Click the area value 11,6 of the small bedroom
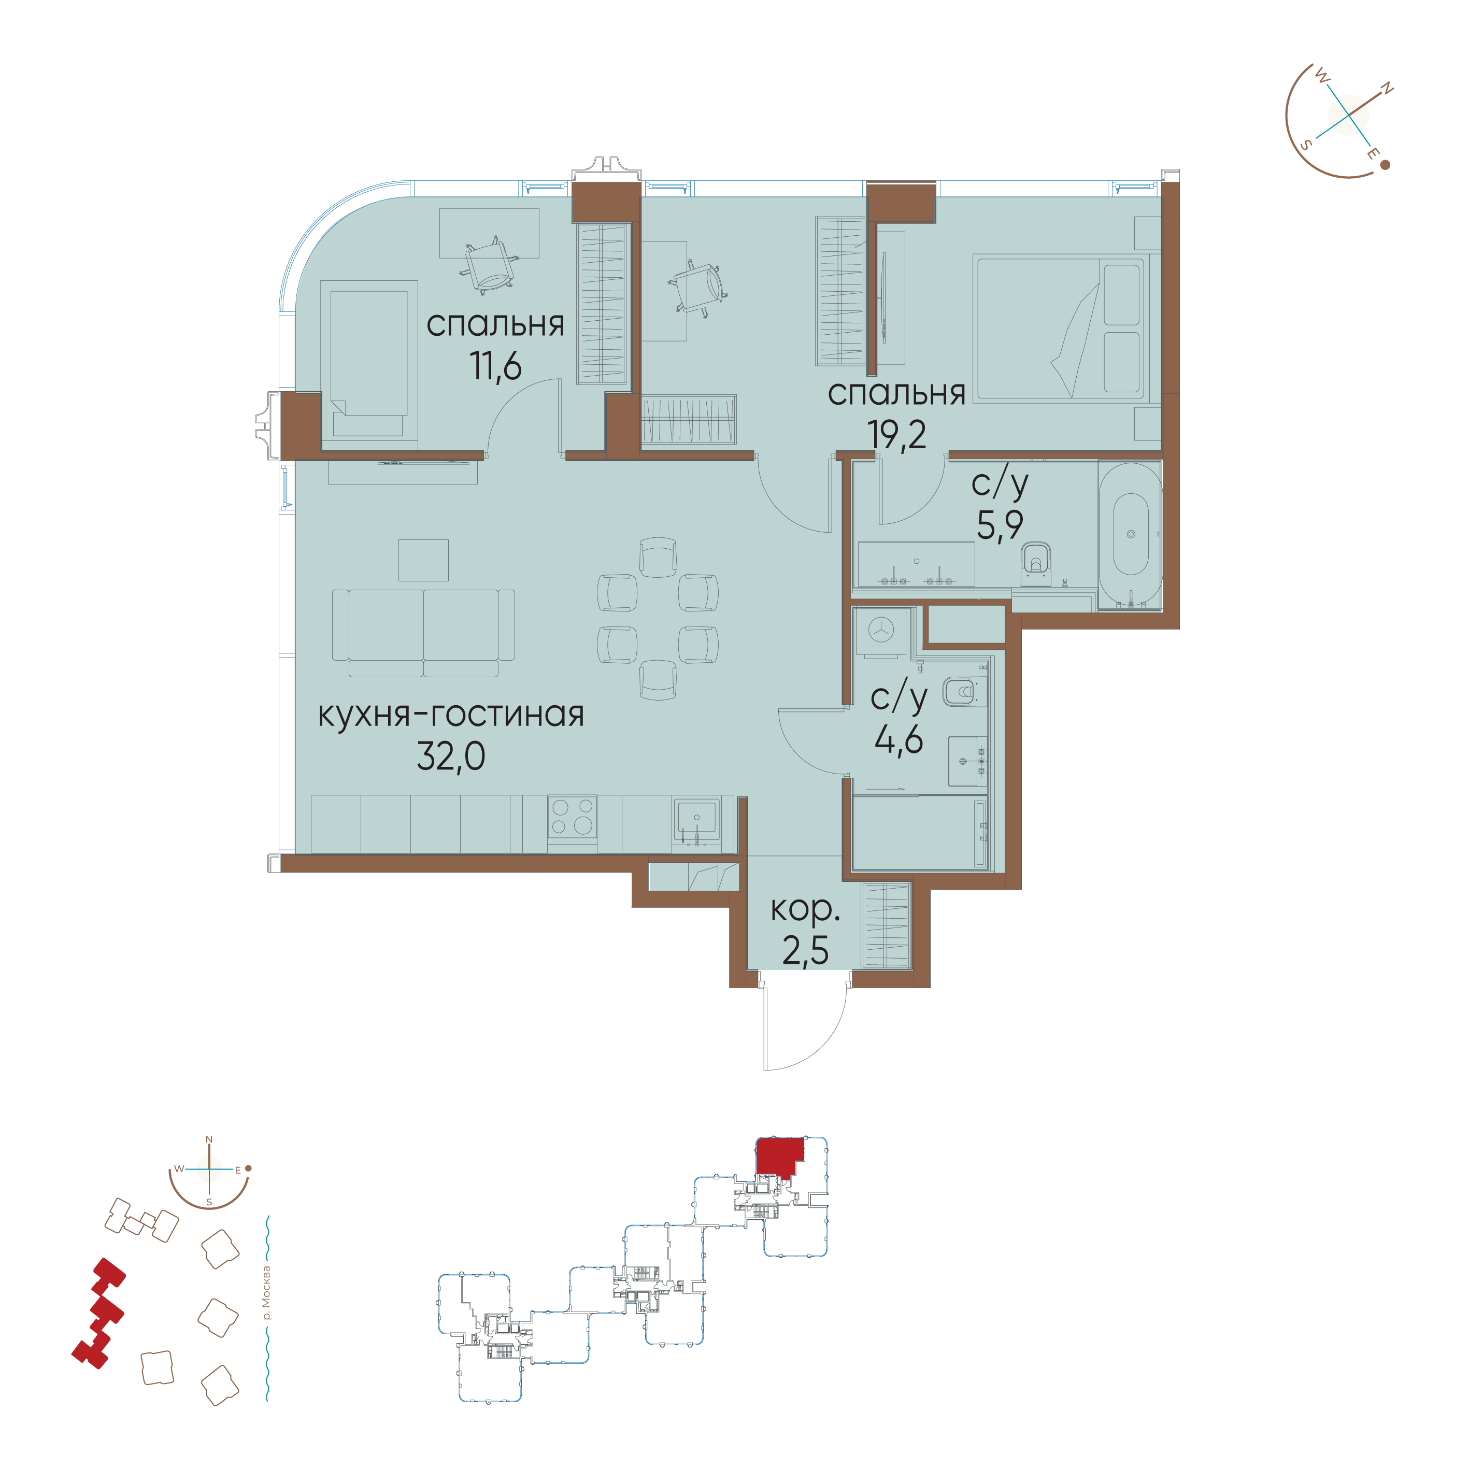[x=496, y=366]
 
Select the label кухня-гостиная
[x=451, y=715]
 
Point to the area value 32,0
[x=451, y=757]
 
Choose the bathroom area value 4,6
[x=898, y=738]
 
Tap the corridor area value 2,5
[x=805, y=950]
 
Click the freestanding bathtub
[x=1130, y=536]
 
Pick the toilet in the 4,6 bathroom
[x=960, y=692]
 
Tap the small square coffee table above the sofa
[x=423, y=560]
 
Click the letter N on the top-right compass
[x=1387, y=89]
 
